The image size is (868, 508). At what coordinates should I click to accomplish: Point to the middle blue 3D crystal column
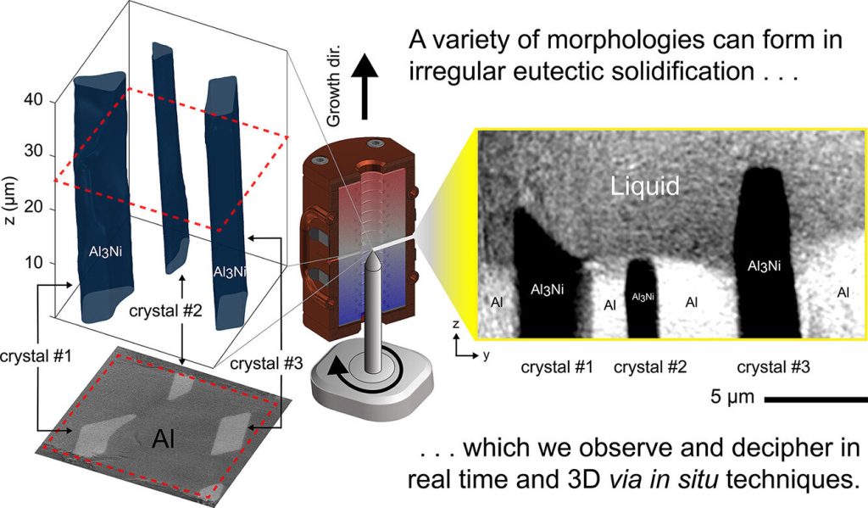(169, 153)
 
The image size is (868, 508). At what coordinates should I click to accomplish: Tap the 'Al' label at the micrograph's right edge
(843, 293)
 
